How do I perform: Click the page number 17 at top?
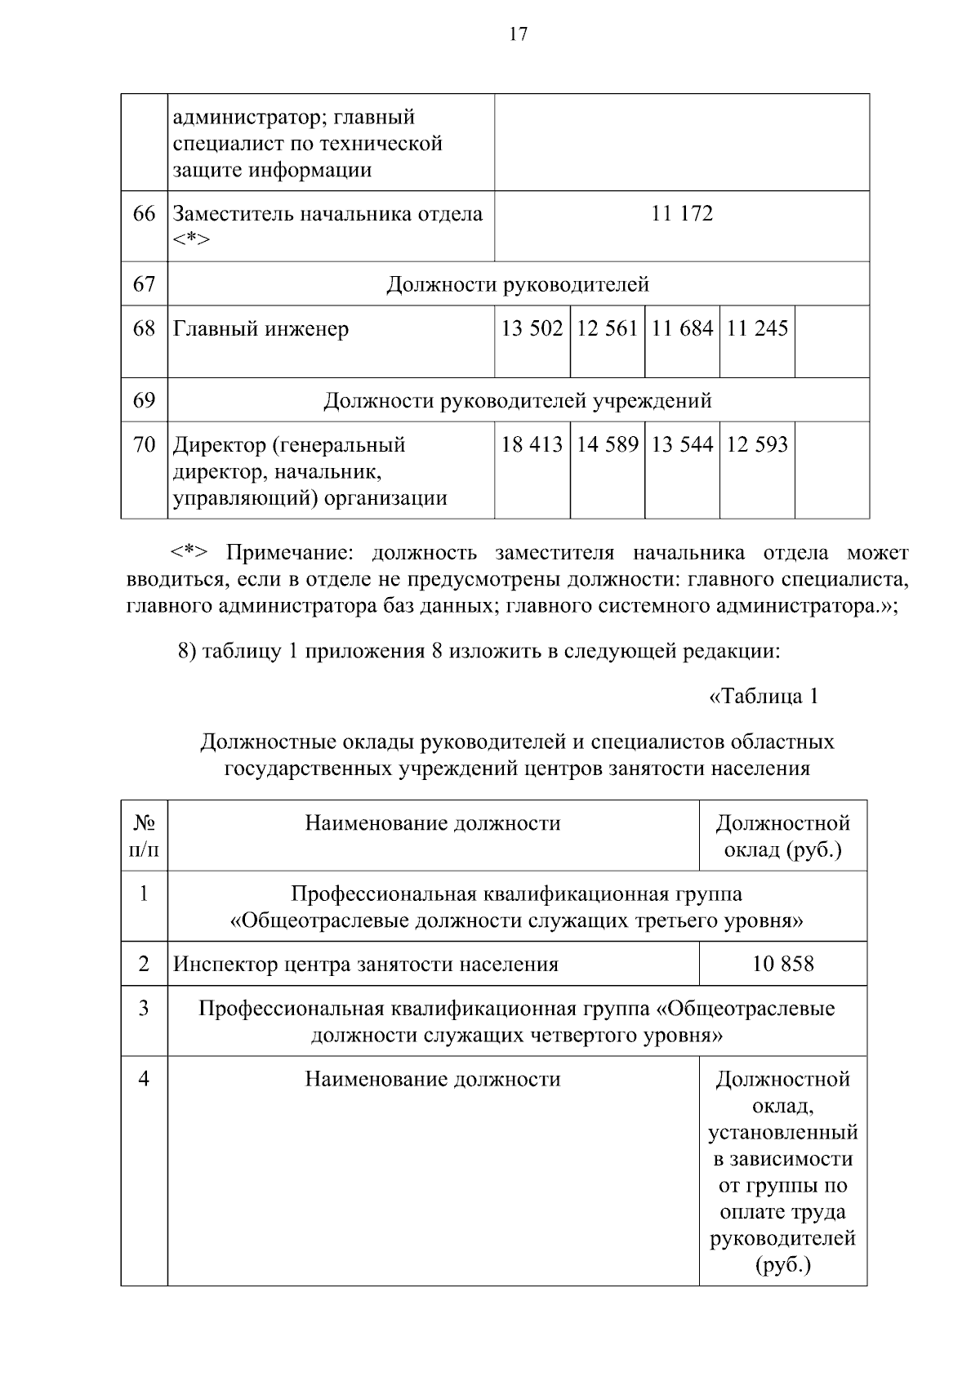tap(519, 34)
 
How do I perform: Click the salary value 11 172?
tap(682, 214)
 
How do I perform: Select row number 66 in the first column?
tap(144, 214)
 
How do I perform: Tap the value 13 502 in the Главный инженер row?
tap(532, 328)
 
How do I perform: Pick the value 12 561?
tap(607, 328)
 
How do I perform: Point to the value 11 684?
tap(682, 328)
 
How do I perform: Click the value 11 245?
tap(757, 328)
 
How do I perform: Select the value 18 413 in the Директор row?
tap(532, 444)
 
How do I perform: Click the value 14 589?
tap(607, 444)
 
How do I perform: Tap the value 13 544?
tap(682, 444)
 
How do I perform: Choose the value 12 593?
tap(757, 444)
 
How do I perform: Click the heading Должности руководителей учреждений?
tap(518, 401)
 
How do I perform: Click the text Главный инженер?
tap(261, 329)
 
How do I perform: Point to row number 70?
tap(144, 444)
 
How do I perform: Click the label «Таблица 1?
tap(764, 697)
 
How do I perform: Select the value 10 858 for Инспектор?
tap(783, 964)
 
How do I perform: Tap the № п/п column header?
tap(144, 836)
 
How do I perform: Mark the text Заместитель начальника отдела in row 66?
tap(327, 214)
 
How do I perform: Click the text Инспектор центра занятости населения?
tap(366, 965)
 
